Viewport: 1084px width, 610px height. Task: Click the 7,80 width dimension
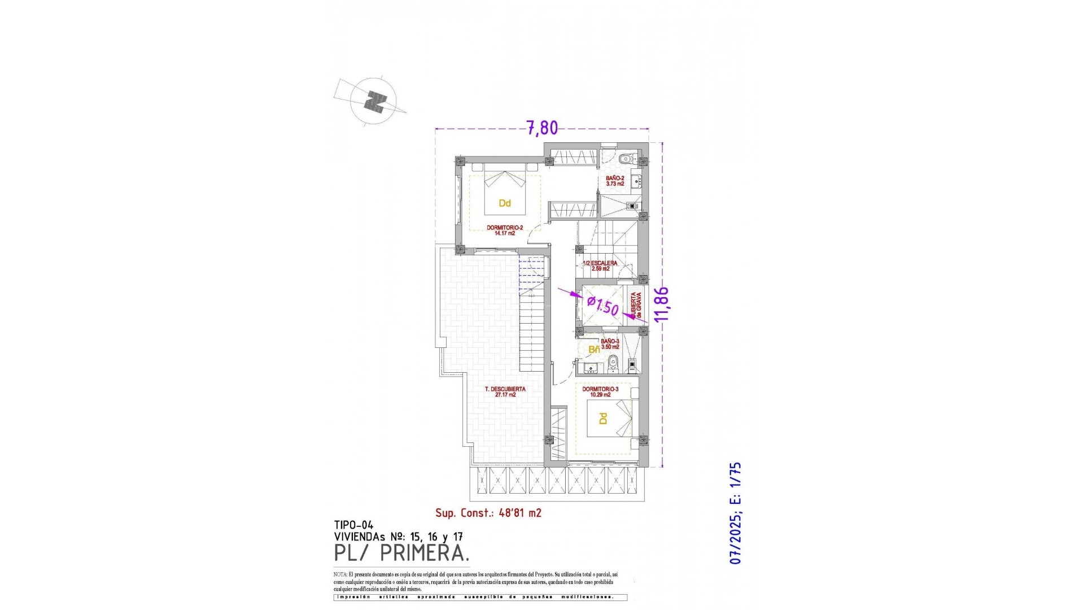click(x=542, y=128)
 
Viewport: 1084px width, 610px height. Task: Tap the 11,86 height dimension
click(x=661, y=304)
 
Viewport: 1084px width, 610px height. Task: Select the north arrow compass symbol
click(x=373, y=102)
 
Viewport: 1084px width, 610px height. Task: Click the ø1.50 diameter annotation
click(x=602, y=306)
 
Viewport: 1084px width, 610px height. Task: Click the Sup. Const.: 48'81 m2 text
click(x=488, y=513)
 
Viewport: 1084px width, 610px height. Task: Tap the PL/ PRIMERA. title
click(x=401, y=554)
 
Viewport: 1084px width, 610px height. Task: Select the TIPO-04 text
click(x=353, y=525)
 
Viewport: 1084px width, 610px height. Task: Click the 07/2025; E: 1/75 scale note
click(x=735, y=513)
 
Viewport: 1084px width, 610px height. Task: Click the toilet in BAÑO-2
click(x=625, y=159)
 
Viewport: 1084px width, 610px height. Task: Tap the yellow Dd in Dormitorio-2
click(x=505, y=203)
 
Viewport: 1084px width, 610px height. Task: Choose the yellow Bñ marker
click(x=594, y=350)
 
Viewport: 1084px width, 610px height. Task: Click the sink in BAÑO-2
click(x=636, y=181)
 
